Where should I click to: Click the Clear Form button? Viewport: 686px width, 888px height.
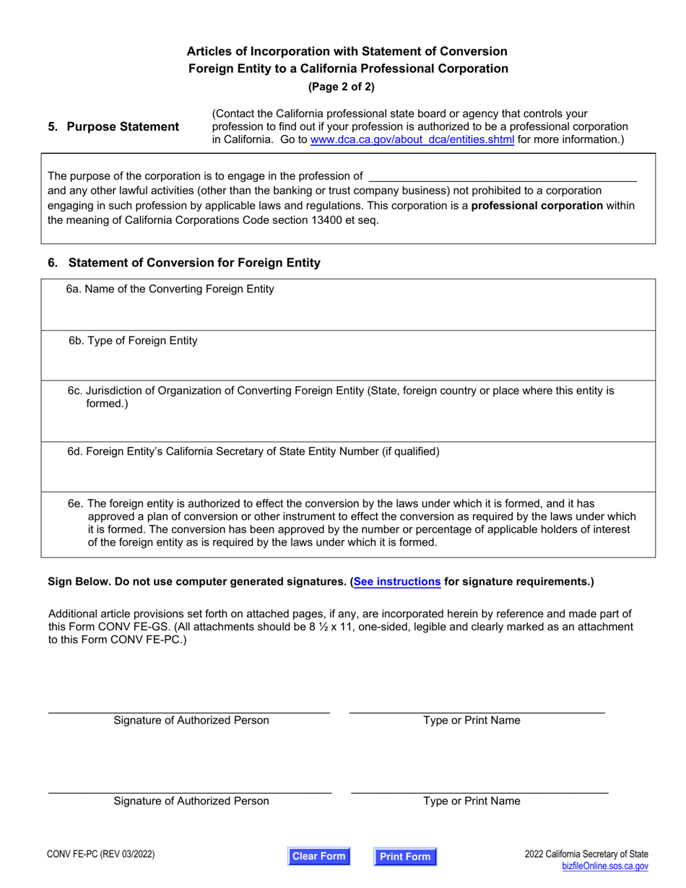318,856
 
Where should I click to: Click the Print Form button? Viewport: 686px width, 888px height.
405,857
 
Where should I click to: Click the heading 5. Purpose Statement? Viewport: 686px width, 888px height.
113,127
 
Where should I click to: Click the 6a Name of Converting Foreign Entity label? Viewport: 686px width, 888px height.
170,290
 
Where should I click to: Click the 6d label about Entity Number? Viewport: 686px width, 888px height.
253,452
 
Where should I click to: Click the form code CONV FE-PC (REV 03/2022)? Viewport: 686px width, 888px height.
101,855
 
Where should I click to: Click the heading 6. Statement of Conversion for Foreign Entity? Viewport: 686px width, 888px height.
184,264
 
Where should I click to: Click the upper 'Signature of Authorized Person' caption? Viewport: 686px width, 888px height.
191,721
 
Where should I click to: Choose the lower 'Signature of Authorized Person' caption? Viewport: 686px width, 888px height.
191,801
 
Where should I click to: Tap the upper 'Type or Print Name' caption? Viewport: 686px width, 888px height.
472,721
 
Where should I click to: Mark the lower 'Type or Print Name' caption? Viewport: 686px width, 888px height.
472,801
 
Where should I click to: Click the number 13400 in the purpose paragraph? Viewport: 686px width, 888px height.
306,220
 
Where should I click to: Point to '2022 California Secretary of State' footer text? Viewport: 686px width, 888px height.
586,854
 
